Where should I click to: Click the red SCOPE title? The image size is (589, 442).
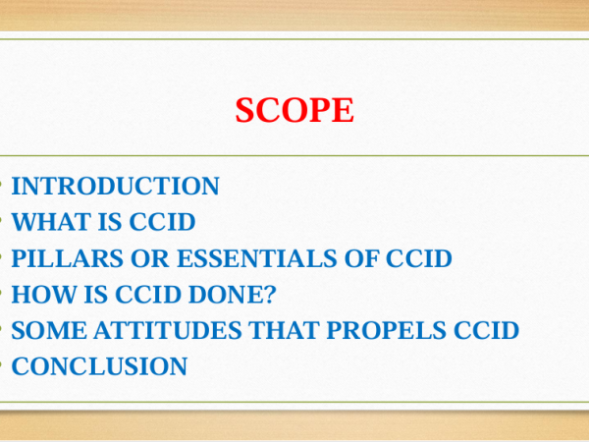pyautogui.click(x=294, y=110)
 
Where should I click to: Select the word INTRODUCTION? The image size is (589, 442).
pyautogui.click(x=115, y=186)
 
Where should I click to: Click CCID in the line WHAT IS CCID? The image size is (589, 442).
pyautogui.click(x=162, y=222)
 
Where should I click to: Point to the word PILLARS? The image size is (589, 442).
pyautogui.click(x=67, y=257)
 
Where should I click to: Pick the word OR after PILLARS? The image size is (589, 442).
pyautogui.click(x=150, y=257)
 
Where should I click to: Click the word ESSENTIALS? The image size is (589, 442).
pyautogui.click(x=257, y=257)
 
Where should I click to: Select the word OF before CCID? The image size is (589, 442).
pyautogui.click(x=361, y=257)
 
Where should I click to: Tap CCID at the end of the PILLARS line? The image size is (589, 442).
pyautogui.click(x=419, y=257)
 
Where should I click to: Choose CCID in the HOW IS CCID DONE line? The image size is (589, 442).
pyautogui.click(x=148, y=294)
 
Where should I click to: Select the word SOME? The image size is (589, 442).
pyautogui.click(x=49, y=330)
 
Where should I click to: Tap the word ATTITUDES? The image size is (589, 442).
pyautogui.click(x=167, y=330)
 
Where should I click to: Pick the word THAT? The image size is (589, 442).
pyautogui.click(x=284, y=330)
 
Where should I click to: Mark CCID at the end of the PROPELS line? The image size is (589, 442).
pyautogui.click(x=487, y=330)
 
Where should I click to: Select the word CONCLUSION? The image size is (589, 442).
pyautogui.click(x=99, y=366)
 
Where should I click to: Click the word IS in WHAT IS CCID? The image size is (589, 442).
pyautogui.click(x=110, y=222)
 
